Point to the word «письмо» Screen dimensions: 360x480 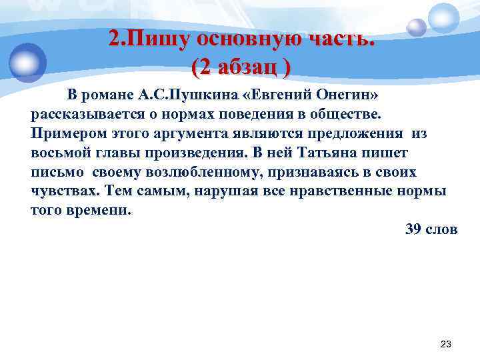[x=57, y=172]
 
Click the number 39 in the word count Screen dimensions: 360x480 [x=415, y=229]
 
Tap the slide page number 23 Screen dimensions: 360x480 [x=446, y=344]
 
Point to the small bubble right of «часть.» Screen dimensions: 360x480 [x=417, y=27]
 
